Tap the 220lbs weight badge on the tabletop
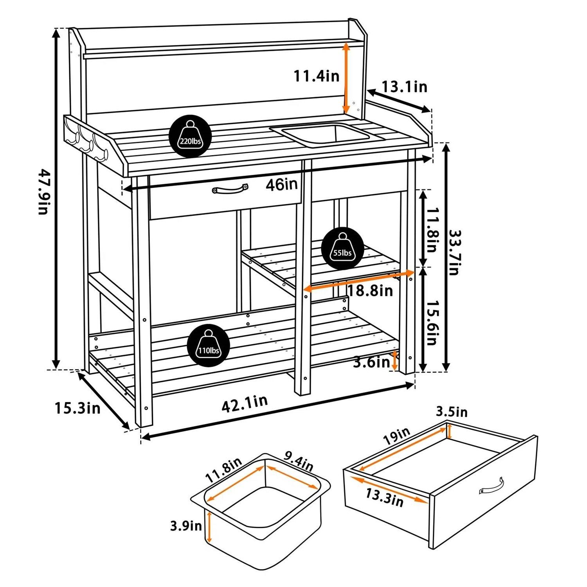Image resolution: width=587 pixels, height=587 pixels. pyautogui.click(x=190, y=136)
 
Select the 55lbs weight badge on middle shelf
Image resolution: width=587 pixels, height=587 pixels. pyautogui.click(x=342, y=248)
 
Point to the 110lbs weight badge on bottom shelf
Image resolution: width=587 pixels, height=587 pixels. pyautogui.click(x=208, y=346)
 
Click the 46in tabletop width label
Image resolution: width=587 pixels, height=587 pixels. pyautogui.click(x=281, y=184)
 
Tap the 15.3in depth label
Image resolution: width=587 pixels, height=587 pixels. pyautogui.click(x=77, y=408)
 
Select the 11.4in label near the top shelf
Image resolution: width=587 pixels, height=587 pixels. pyautogui.click(x=317, y=76)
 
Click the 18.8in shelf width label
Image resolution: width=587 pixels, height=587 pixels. pyautogui.click(x=370, y=290)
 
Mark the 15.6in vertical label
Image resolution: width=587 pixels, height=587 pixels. pyautogui.click(x=431, y=323)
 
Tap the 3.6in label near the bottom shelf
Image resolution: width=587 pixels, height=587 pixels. pyautogui.click(x=371, y=362)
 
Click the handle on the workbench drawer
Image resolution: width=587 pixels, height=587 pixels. pyautogui.click(x=230, y=189)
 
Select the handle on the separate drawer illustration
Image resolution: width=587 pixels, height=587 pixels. pyautogui.click(x=491, y=486)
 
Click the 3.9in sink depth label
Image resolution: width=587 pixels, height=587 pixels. pyautogui.click(x=186, y=526)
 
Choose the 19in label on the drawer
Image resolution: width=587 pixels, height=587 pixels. pyautogui.click(x=397, y=436)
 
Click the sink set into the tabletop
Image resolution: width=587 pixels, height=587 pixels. pyautogui.click(x=324, y=135)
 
